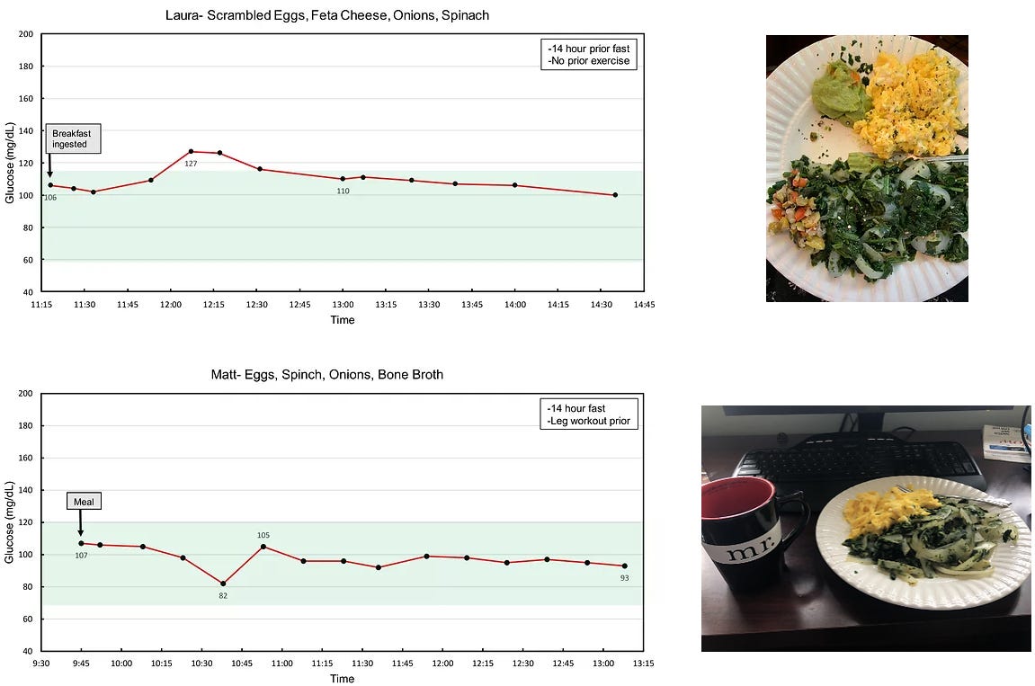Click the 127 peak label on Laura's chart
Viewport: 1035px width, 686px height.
[191, 164]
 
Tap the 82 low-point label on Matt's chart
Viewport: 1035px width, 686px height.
[223, 595]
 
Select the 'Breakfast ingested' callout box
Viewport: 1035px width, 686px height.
[72, 139]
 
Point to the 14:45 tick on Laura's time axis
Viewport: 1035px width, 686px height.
[644, 305]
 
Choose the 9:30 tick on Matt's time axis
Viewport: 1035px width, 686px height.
[41, 664]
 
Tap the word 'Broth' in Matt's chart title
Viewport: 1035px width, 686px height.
[425, 374]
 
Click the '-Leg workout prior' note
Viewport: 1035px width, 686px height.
[590, 421]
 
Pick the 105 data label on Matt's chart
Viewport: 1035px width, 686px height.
[263, 535]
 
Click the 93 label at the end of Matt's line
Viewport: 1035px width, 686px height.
[624, 577]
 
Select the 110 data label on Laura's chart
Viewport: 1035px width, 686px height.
[343, 191]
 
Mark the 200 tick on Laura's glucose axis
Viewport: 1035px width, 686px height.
[26, 34]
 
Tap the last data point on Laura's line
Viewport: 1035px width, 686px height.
[615, 194]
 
